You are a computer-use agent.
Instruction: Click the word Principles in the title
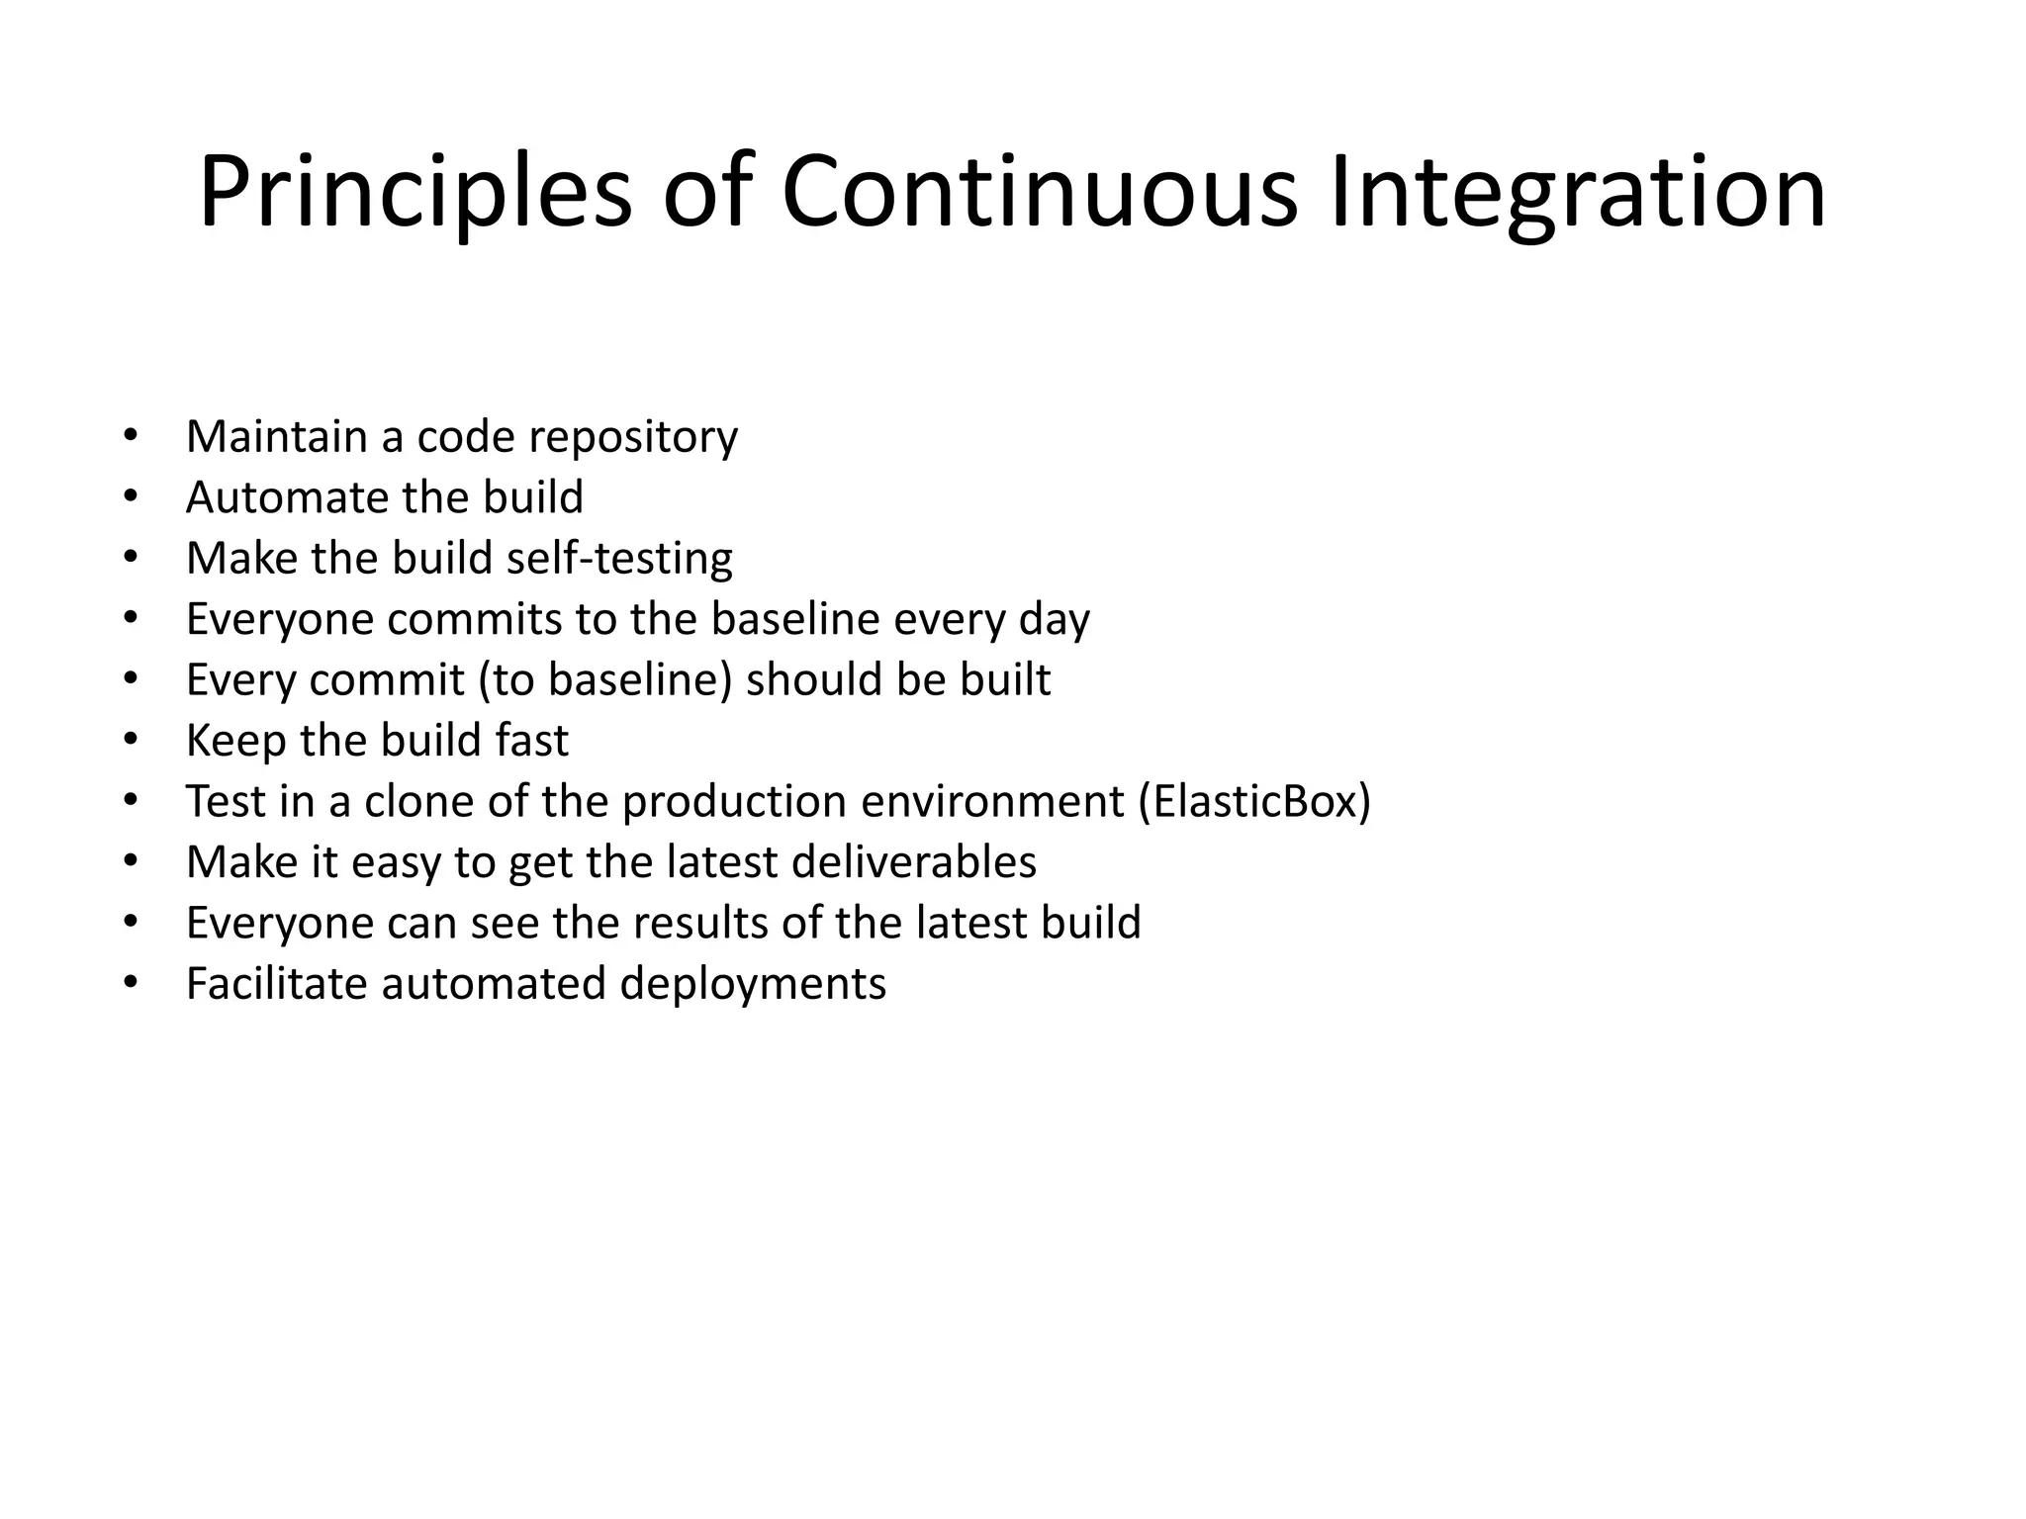tap(414, 193)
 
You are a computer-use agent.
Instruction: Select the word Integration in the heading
tap(1577, 193)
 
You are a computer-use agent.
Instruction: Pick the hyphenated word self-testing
tap(619, 559)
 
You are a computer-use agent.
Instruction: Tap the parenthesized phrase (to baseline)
tap(605, 680)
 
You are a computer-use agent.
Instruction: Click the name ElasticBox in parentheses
tap(1255, 801)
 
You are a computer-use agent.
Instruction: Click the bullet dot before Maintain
tap(131, 435)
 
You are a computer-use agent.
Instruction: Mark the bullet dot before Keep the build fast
tap(131, 740)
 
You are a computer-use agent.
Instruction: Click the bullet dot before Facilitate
tap(131, 983)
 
